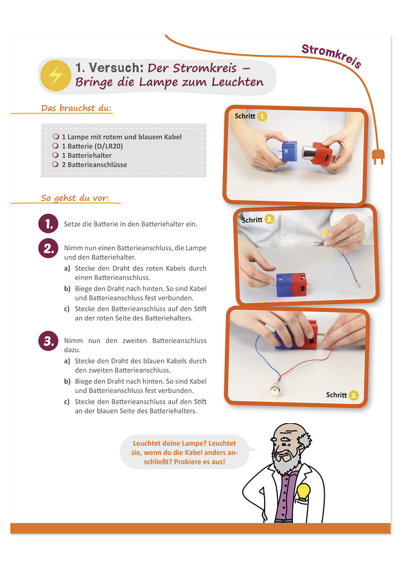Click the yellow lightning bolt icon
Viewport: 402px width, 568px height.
click(x=56, y=76)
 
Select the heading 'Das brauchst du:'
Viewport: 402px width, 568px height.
click(x=76, y=108)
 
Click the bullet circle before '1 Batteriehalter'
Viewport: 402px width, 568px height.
click(x=56, y=155)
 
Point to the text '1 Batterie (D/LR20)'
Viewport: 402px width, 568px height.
click(x=93, y=146)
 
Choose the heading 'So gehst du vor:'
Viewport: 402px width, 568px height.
click(x=74, y=198)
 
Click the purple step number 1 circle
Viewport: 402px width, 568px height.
click(x=48, y=223)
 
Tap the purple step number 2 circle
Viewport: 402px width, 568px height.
click(x=48, y=248)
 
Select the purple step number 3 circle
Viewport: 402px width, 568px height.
click(x=48, y=341)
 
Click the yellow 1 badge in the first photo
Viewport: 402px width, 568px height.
click(x=262, y=116)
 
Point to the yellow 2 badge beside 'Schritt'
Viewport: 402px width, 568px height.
click(x=270, y=219)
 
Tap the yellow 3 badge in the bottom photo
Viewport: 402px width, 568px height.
click(x=354, y=395)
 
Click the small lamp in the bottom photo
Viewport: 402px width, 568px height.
click(x=276, y=389)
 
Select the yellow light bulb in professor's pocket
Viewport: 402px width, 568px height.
click(x=304, y=492)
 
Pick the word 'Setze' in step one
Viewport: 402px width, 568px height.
click(x=72, y=224)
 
